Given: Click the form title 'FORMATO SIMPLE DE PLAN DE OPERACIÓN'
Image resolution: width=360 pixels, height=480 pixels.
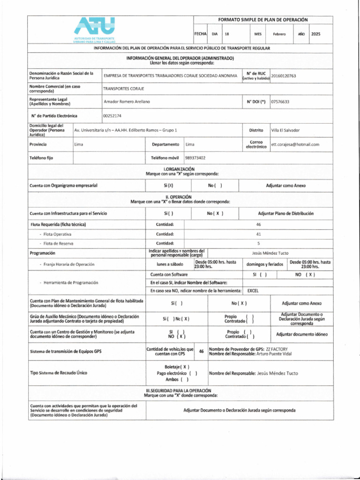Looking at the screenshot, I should [262, 20].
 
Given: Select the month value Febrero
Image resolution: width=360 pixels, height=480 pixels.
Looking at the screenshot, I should [279, 35].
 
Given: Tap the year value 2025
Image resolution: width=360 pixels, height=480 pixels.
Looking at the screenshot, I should [315, 35].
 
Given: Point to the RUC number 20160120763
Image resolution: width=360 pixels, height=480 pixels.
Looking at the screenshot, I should [284, 75].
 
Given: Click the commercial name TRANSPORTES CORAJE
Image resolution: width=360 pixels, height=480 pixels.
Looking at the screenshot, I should [124, 88].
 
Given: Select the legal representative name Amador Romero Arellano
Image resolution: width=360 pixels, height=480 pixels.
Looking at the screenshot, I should [127, 101].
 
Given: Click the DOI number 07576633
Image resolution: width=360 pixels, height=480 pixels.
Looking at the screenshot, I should [280, 101].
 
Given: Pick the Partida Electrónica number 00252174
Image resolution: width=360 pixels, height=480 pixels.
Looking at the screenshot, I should [112, 115].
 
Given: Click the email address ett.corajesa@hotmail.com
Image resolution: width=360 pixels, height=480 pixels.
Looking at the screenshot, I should [295, 144].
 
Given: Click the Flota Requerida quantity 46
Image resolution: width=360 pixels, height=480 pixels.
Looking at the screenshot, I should [258, 225].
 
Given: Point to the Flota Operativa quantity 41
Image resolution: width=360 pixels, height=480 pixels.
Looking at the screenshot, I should [258, 234].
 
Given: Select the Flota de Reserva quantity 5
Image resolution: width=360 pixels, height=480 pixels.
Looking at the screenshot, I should [258, 243].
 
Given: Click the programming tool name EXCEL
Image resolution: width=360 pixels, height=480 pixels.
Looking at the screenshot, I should [253, 291].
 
